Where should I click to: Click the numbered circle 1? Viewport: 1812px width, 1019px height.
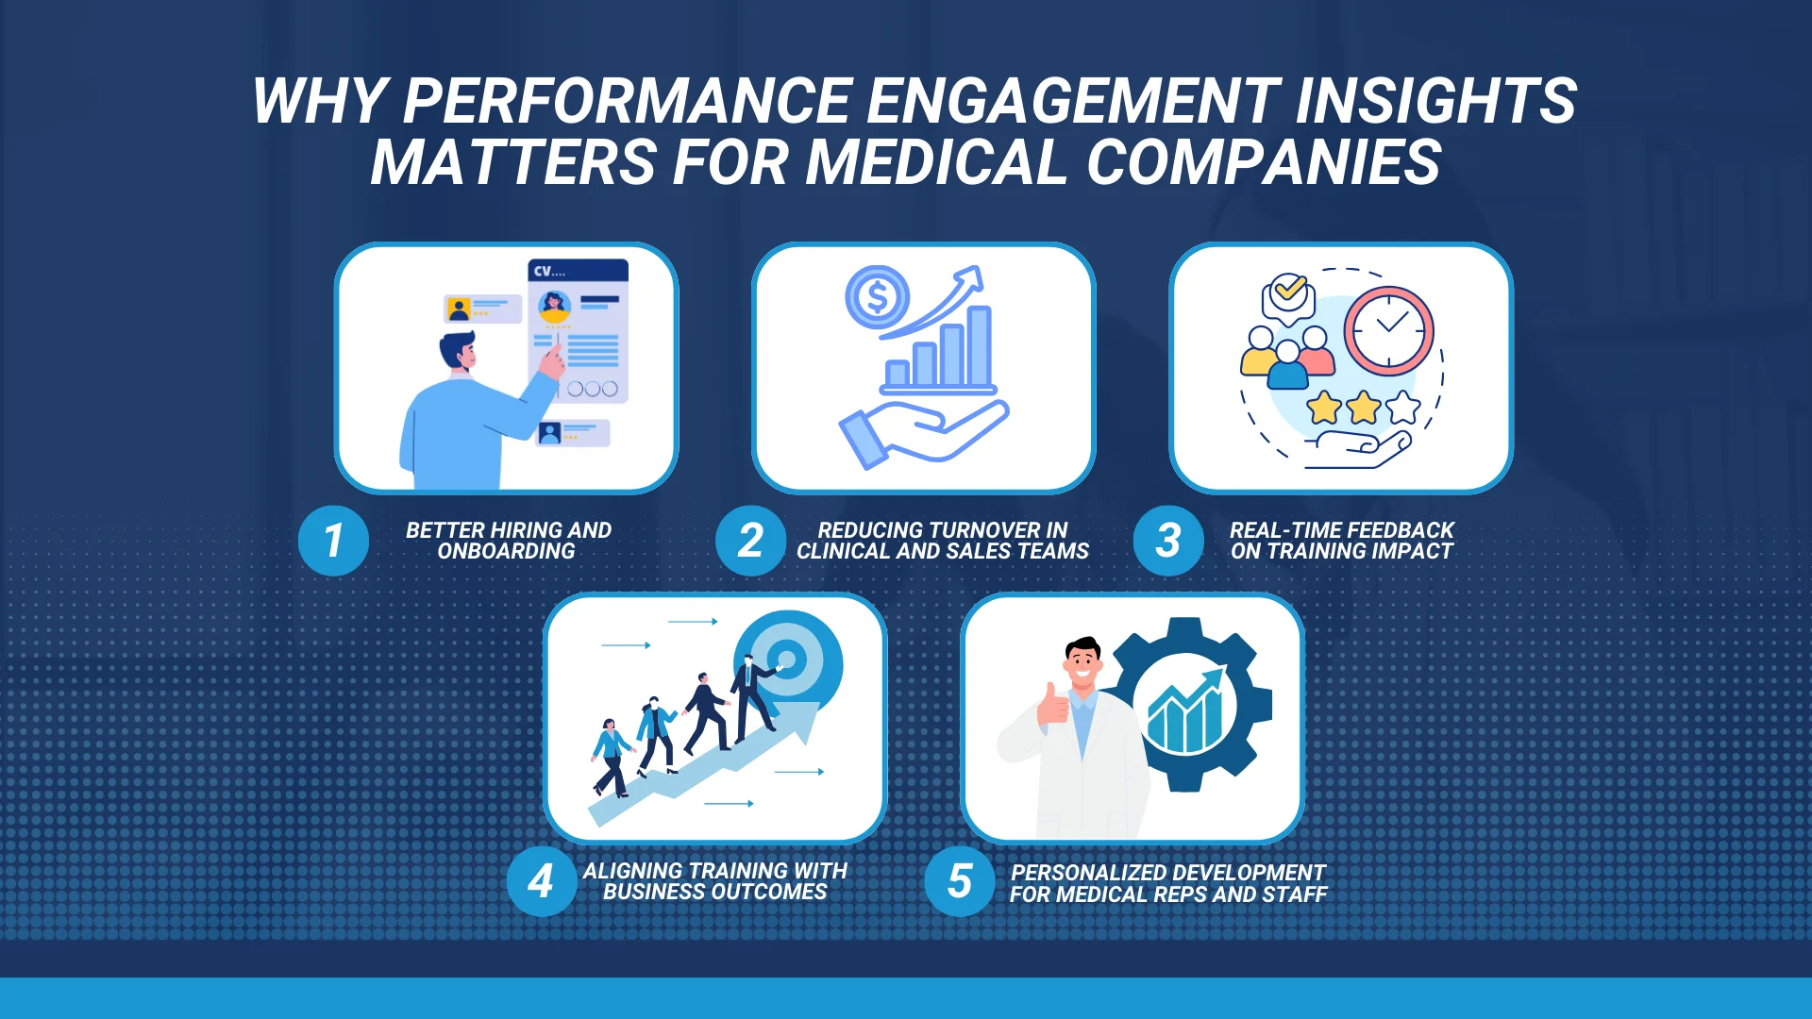pos(333,541)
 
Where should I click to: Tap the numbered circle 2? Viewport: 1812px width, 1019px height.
pos(750,541)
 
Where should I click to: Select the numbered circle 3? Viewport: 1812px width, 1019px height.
pos(1168,541)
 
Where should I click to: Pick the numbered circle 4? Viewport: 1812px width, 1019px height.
pos(541,881)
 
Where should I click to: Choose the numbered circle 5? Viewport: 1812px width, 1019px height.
pos(960,881)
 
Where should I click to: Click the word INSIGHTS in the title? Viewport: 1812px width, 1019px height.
pos(1435,101)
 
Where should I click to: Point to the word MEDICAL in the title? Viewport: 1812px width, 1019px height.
pos(936,162)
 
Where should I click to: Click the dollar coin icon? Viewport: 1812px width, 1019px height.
pos(877,297)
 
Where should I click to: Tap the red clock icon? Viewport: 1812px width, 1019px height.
pos(1389,331)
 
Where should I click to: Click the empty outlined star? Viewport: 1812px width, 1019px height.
pos(1403,408)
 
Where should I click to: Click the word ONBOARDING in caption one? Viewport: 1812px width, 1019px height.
pos(507,552)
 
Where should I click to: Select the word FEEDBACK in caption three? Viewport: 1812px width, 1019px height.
pos(1401,530)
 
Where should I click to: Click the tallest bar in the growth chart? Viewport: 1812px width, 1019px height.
pos(980,345)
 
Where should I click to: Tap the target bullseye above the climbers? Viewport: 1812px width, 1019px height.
pos(788,660)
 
